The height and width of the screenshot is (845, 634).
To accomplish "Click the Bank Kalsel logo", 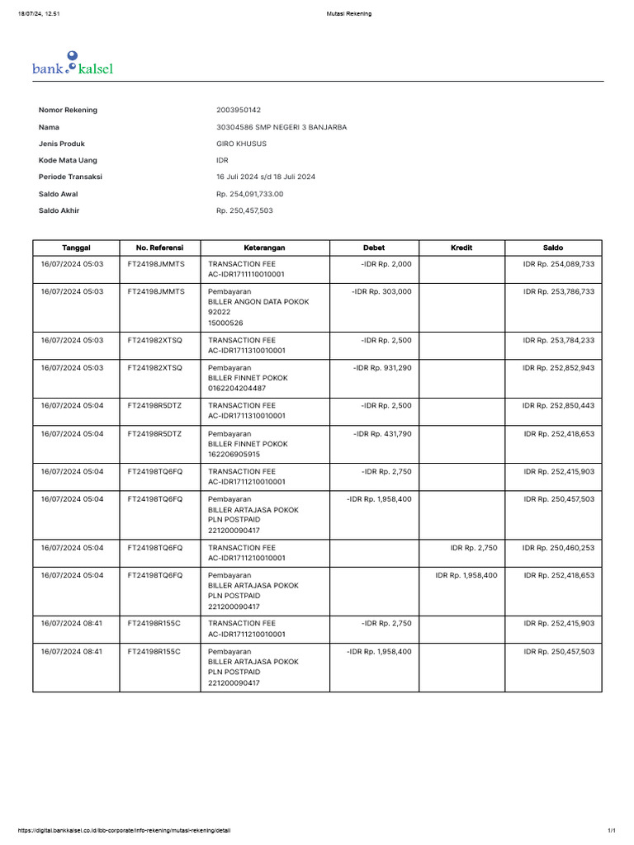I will (73, 64).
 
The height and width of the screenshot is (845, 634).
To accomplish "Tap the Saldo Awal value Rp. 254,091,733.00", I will (249, 194).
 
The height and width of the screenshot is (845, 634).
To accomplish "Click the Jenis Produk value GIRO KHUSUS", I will (241, 144).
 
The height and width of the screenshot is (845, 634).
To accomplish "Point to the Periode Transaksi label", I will (70, 177).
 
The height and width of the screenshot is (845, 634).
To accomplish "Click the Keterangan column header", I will (264, 248).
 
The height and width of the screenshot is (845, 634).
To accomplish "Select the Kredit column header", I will (461, 248).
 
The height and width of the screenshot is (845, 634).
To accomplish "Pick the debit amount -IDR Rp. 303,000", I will (381, 291).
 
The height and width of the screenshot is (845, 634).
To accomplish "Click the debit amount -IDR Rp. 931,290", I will (382, 367).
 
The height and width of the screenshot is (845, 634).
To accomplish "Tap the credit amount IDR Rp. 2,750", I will (474, 547).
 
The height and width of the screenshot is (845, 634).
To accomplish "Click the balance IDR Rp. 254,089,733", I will (558, 263).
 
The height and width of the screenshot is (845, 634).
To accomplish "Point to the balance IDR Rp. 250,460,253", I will (558, 547).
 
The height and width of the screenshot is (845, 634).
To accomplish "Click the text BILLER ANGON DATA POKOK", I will (258, 302).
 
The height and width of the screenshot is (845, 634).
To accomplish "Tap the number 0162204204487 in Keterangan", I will (237, 388).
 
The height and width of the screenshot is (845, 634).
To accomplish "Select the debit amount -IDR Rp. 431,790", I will (382, 433).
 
